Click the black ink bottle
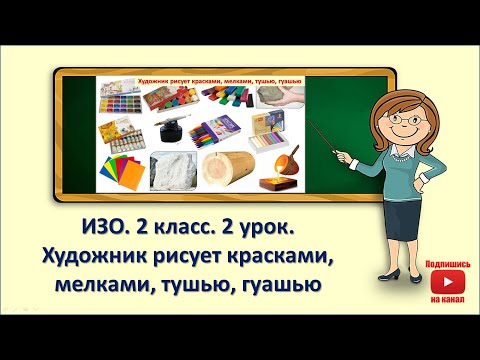[x=167, y=133]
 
